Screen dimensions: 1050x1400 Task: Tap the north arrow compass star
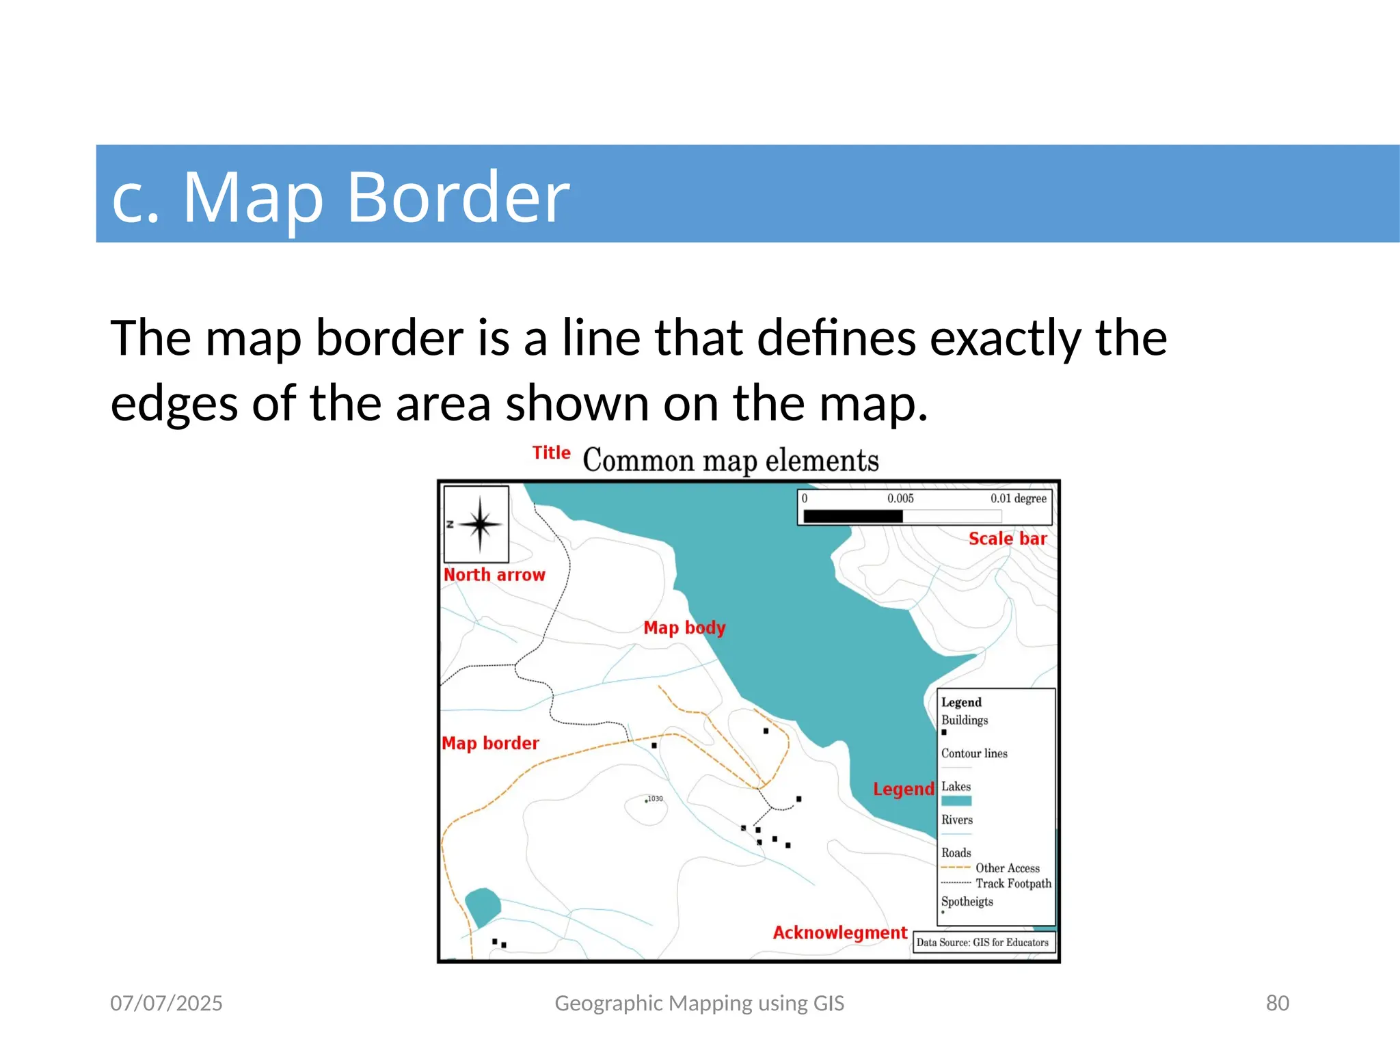click(480, 525)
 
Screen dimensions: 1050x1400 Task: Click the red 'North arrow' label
click(494, 575)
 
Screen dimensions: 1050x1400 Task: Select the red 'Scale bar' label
click(1007, 539)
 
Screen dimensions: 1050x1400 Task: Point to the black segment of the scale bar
click(852, 516)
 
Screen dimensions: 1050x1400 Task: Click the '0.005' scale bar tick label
click(900, 498)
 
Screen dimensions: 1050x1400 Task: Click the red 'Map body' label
click(684, 628)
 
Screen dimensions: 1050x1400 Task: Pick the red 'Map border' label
click(490, 743)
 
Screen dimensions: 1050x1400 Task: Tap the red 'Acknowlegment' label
click(839, 933)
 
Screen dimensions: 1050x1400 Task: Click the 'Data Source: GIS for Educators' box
click(982, 942)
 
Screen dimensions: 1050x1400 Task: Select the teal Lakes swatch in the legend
click(956, 801)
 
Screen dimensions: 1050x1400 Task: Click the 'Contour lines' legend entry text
click(974, 753)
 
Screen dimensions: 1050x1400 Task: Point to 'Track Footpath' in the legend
click(1013, 883)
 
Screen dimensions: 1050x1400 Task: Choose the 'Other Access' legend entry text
click(1007, 868)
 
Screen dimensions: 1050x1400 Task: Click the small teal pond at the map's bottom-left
click(483, 906)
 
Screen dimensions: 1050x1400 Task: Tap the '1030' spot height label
click(655, 798)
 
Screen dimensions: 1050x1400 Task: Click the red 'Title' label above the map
click(551, 453)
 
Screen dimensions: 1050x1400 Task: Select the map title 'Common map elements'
click(730, 460)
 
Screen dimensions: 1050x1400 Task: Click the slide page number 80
click(1277, 1003)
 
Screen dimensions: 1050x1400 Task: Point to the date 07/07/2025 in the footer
click(166, 1003)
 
